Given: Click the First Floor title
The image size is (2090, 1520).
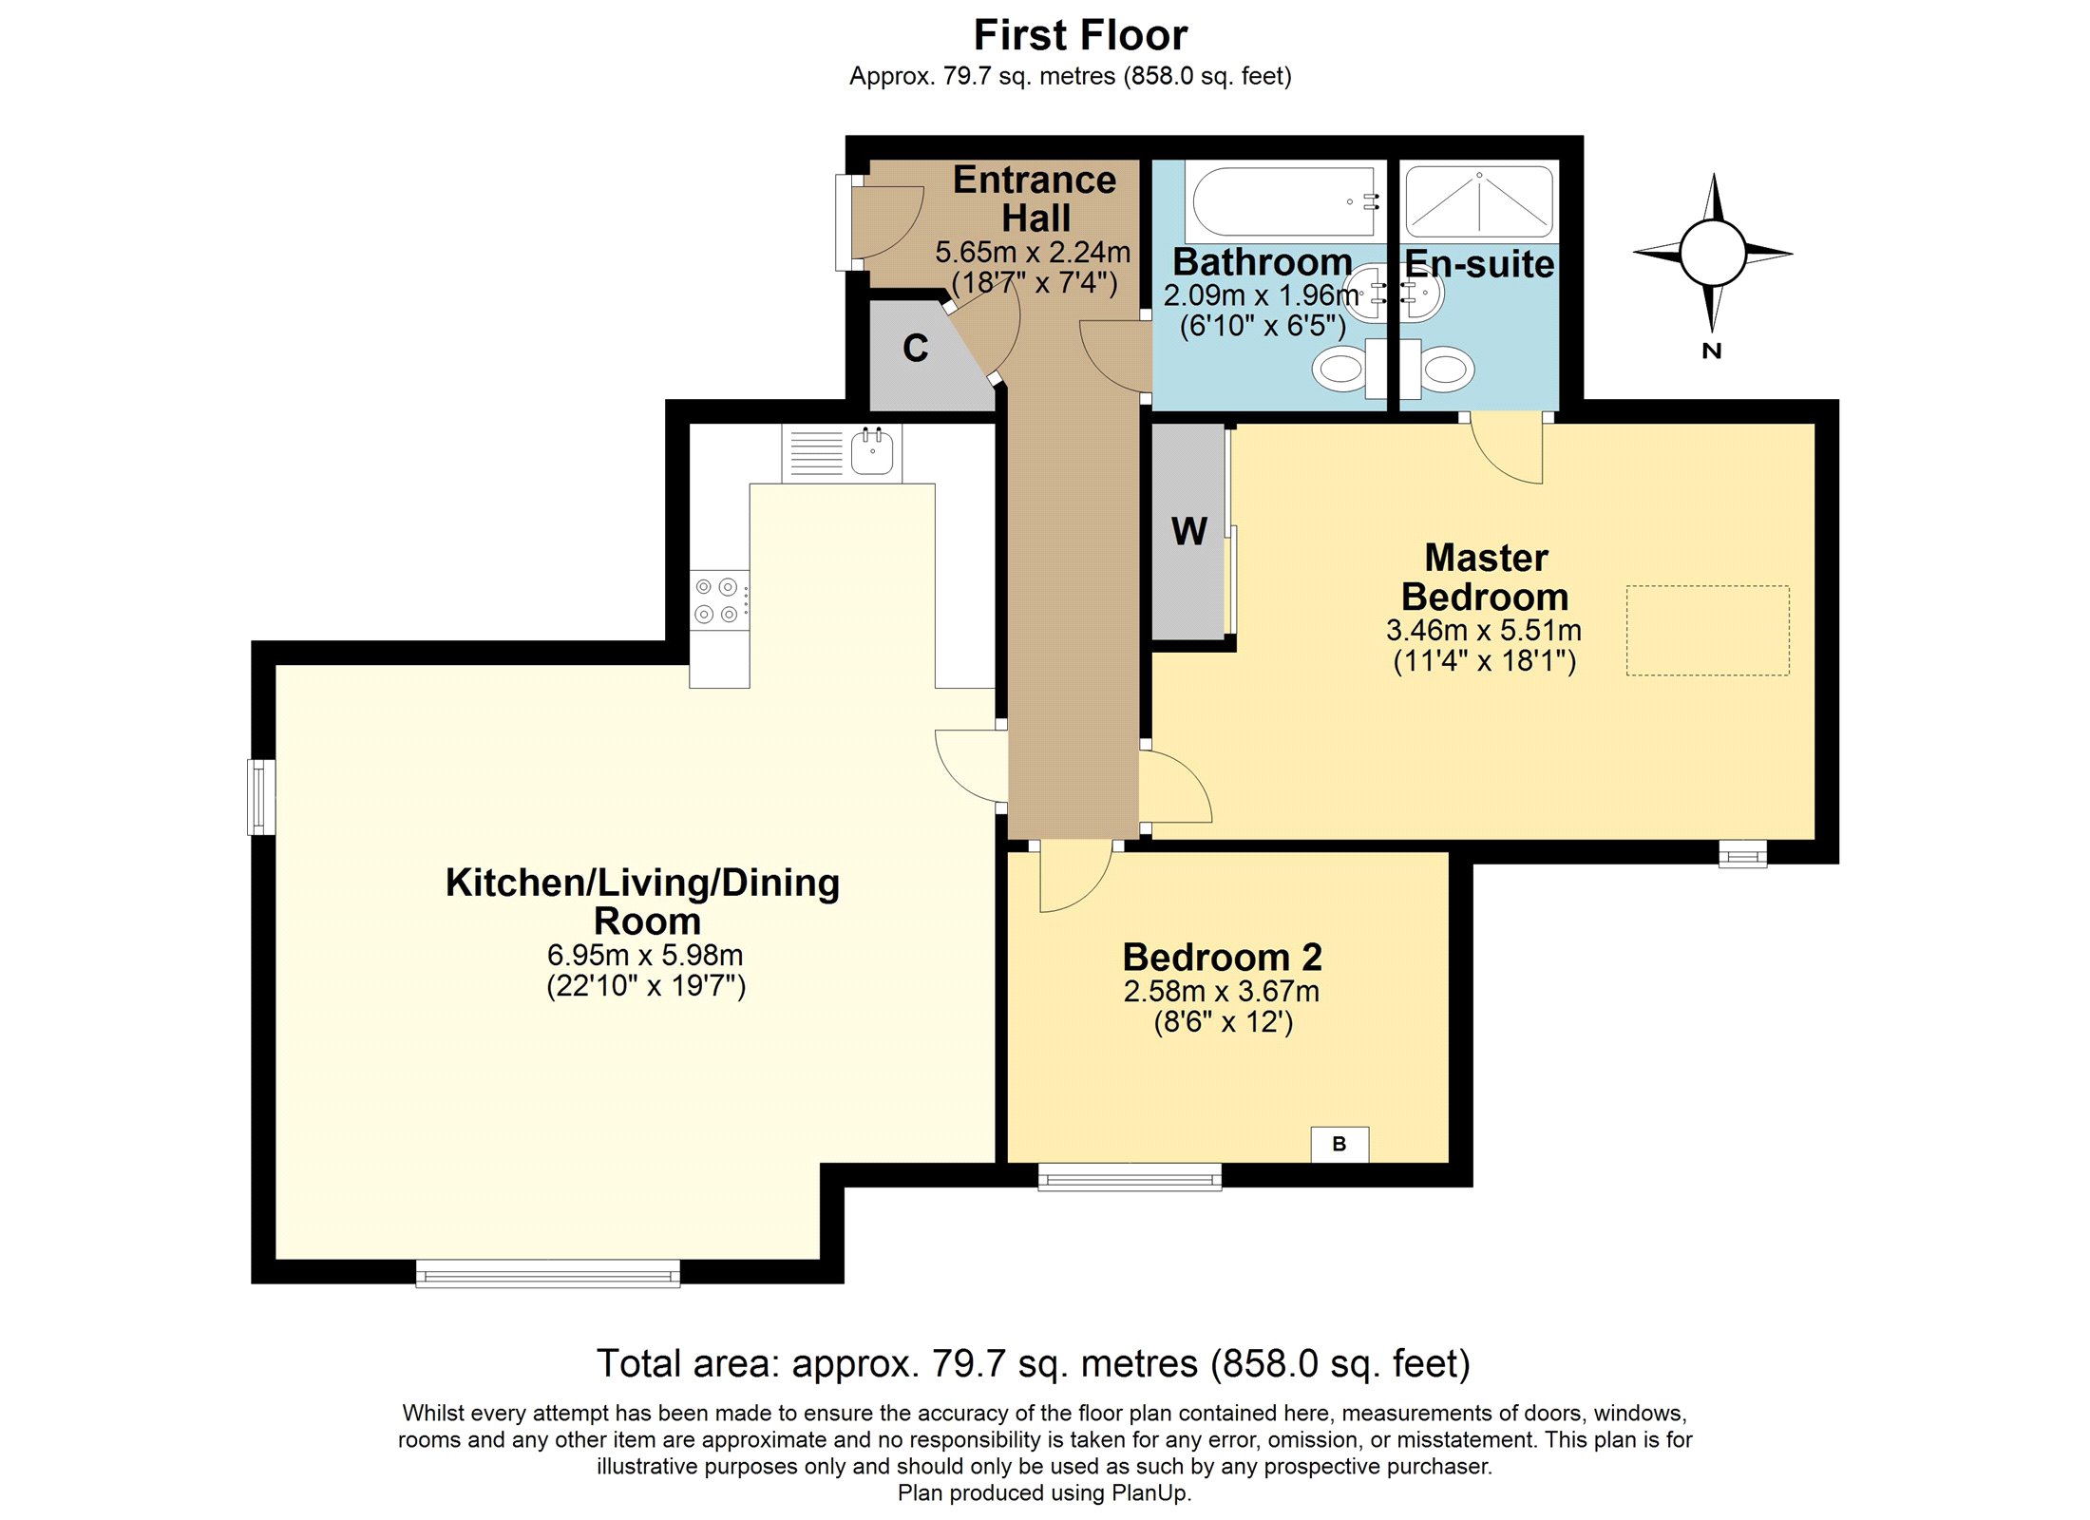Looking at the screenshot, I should tap(1080, 36).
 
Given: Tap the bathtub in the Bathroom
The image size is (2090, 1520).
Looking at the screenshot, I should tap(1282, 201).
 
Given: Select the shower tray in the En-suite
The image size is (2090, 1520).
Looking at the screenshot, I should tap(1478, 201).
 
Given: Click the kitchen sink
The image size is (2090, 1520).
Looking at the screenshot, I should tap(871, 452).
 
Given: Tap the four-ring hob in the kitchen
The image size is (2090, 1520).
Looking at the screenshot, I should tap(717, 600).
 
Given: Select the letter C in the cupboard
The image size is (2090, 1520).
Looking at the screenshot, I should tap(915, 349).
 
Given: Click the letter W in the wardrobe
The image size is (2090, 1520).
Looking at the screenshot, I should tap(1188, 531).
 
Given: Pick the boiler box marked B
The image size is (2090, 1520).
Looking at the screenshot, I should tap(1339, 1144).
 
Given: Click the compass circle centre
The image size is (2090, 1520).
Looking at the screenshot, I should tap(1712, 253).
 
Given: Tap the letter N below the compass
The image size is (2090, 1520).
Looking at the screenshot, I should tap(1711, 351).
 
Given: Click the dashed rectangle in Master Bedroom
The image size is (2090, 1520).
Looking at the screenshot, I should tap(1706, 630).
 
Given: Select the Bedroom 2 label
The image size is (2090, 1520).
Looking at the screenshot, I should tap(1222, 957).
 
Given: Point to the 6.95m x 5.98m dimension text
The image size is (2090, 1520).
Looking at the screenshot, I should tap(645, 955).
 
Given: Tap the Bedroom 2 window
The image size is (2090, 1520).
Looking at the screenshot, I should tap(1129, 1178).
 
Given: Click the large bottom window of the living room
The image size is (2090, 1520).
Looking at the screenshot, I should tap(547, 1274).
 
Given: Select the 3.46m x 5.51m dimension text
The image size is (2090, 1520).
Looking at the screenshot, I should tap(1483, 630).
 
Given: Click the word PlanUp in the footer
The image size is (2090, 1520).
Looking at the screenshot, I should tap(1149, 1492).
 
